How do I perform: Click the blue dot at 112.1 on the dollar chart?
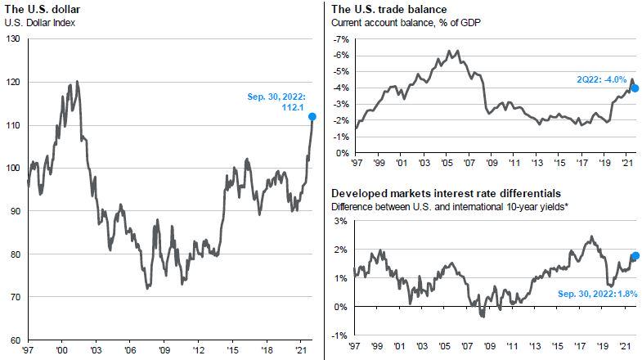312,116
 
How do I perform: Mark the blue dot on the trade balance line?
635,88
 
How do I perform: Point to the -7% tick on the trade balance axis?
341,39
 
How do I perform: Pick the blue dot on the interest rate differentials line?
635,256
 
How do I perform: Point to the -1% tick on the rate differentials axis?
341,335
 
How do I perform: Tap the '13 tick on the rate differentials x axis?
536,346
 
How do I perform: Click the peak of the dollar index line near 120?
78,81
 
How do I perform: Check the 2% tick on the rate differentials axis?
343,250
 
